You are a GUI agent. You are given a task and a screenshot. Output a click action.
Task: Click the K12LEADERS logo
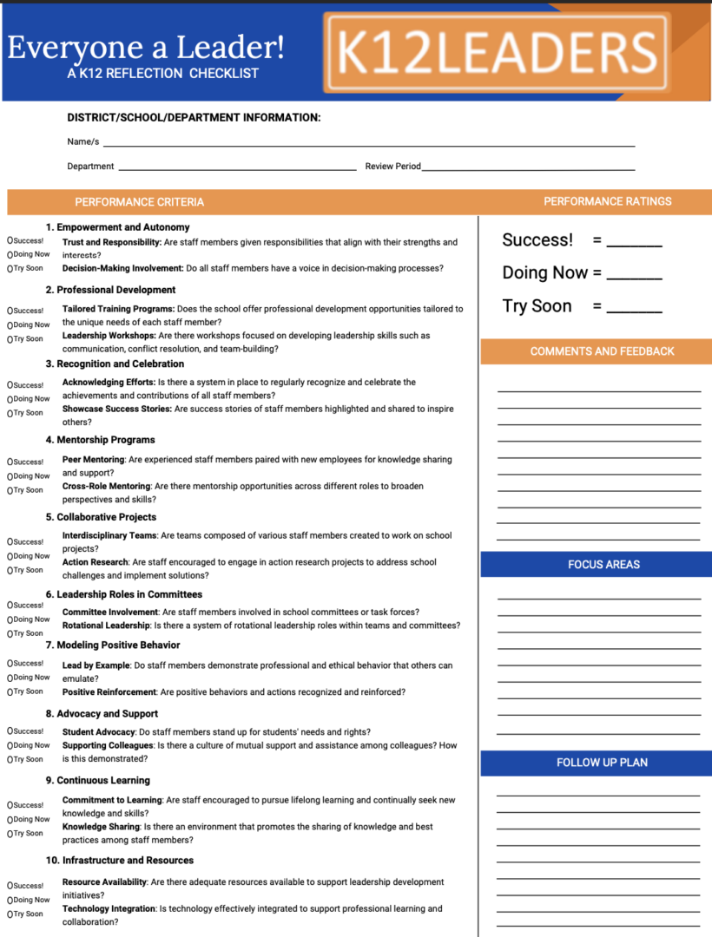pyautogui.click(x=497, y=52)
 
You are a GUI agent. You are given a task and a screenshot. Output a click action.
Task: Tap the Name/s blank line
pyautogui.click(x=368, y=144)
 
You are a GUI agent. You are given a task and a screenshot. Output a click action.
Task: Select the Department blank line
pyautogui.click(x=236, y=168)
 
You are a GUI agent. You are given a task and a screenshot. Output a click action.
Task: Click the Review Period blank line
pyautogui.click(x=528, y=168)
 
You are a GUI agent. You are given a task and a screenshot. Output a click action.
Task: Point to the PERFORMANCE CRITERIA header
pyautogui.click(x=139, y=202)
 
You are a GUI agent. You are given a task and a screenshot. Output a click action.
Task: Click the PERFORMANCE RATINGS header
pyautogui.click(x=607, y=201)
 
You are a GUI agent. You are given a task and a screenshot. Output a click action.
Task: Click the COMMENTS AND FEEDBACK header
pyautogui.click(x=602, y=351)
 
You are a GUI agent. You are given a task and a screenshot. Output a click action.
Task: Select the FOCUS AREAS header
pyautogui.click(x=603, y=564)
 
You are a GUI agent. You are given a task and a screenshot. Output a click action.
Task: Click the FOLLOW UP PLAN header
pyautogui.click(x=602, y=763)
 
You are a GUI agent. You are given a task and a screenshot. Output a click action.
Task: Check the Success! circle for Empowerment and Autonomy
pyautogui.click(x=10, y=240)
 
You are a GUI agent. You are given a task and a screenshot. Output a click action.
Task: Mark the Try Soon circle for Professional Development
pyautogui.click(x=10, y=339)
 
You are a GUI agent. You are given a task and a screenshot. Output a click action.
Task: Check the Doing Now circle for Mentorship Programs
pyautogui.click(x=10, y=476)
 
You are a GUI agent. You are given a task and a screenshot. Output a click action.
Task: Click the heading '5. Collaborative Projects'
pyautogui.click(x=101, y=517)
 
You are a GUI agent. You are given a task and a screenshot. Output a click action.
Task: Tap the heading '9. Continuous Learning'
pyautogui.click(x=97, y=780)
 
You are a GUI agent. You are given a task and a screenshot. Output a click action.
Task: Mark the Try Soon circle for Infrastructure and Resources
pyautogui.click(x=10, y=914)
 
